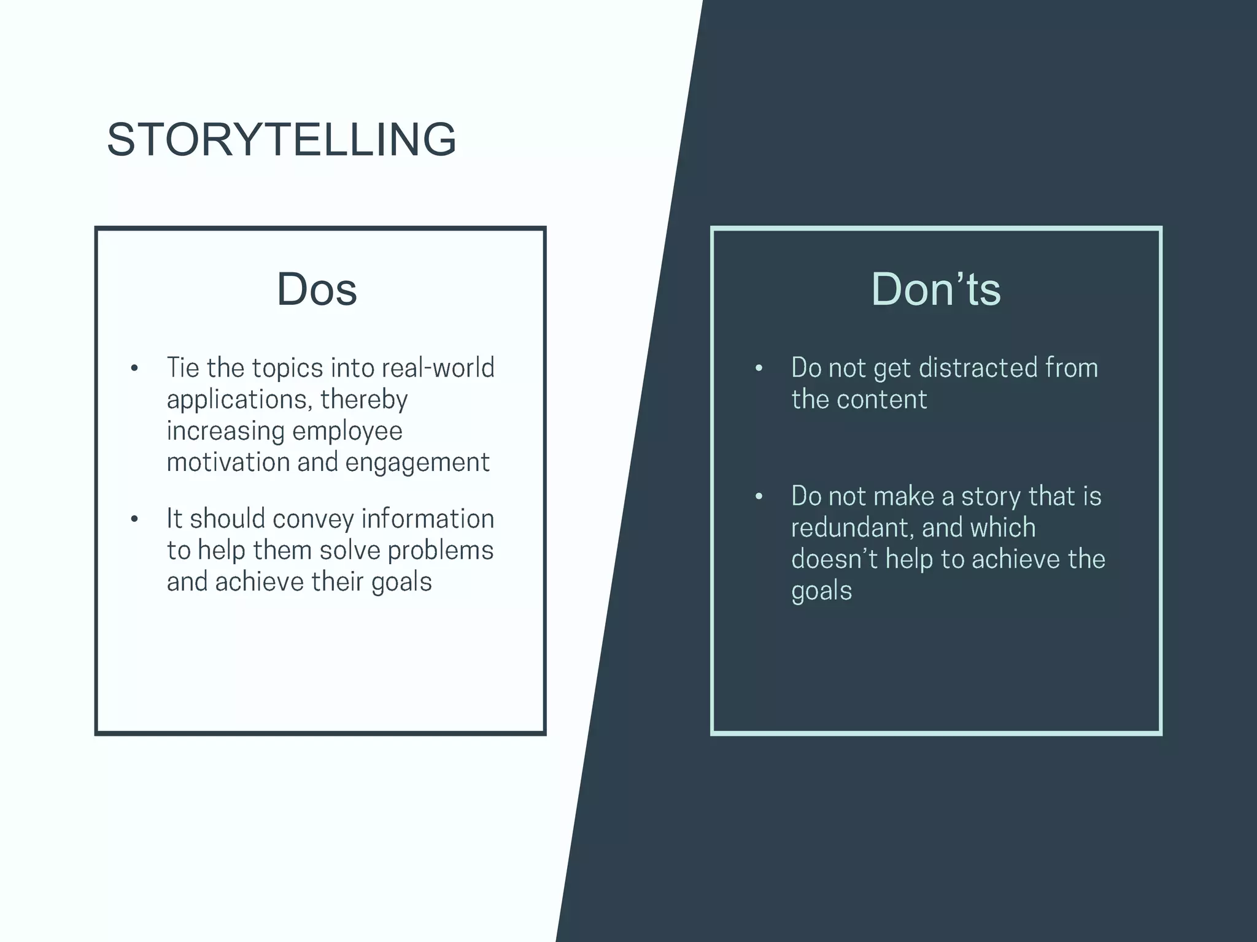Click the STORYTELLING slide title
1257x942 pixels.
coord(282,140)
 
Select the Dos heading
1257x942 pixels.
coord(317,289)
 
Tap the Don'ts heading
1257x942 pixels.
coord(936,289)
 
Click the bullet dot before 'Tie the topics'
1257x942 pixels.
coord(134,369)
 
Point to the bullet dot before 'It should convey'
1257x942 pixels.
coord(134,519)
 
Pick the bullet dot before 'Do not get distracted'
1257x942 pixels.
coord(759,369)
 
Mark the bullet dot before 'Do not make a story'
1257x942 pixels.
coord(759,497)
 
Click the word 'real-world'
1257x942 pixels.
coord(438,368)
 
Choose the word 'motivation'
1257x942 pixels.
coord(228,462)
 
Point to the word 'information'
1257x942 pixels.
coord(427,519)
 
